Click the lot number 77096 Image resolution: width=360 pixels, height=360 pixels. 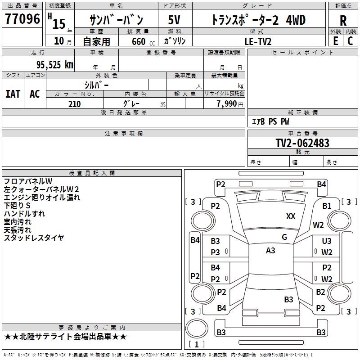pos(22,19)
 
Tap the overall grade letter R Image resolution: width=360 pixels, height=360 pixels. pos(343,20)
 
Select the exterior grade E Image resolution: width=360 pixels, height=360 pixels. pos(335,40)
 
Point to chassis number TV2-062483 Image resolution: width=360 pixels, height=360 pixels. pos(302,143)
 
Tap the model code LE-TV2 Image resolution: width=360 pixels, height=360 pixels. pos(258,41)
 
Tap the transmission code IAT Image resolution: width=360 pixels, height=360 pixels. pos(13,94)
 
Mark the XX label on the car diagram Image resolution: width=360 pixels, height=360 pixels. pos(291,216)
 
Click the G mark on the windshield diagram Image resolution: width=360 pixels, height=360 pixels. pos(284,237)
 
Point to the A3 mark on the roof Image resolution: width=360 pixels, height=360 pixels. pos(270,251)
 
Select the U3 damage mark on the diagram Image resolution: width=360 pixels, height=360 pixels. pos(327,242)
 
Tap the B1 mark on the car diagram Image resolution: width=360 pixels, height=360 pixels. pos(327,206)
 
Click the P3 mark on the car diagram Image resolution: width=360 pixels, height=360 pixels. pos(216,252)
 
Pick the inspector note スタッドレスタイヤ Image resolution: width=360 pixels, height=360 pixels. pos(34,238)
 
